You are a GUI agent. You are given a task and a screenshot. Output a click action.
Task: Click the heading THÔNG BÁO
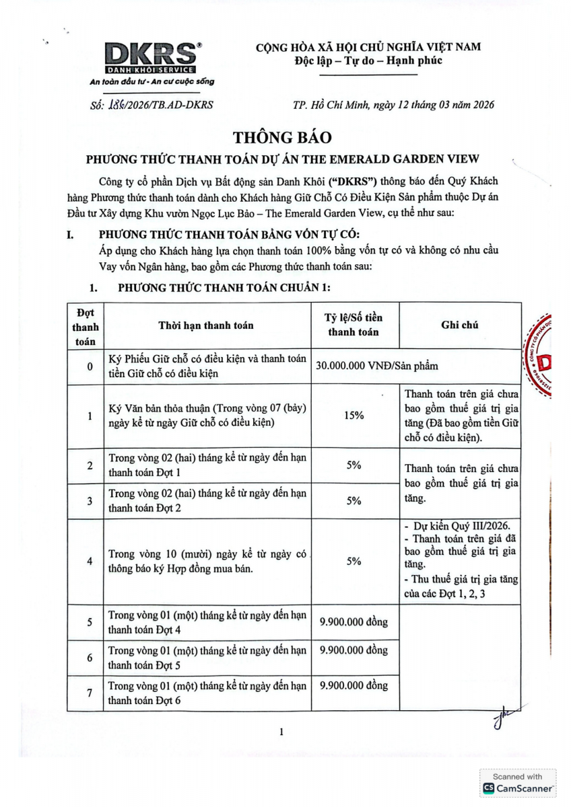click(x=282, y=137)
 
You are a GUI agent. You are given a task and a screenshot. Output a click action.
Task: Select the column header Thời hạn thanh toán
click(x=206, y=325)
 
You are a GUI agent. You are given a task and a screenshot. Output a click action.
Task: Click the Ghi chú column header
click(x=460, y=325)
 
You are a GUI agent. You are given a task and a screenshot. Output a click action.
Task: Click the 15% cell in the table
click(x=354, y=416)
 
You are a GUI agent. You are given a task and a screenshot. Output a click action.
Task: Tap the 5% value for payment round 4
click(x=354, y=561)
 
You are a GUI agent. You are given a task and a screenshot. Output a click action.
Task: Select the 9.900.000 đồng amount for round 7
click(x=354, y=686)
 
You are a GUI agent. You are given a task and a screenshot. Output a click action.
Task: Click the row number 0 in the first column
click(x=90, y=367)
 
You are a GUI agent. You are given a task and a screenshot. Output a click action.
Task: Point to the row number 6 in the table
click(x=90, y=658)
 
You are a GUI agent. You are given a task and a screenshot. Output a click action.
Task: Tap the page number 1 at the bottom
click(x=282, y=732)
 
